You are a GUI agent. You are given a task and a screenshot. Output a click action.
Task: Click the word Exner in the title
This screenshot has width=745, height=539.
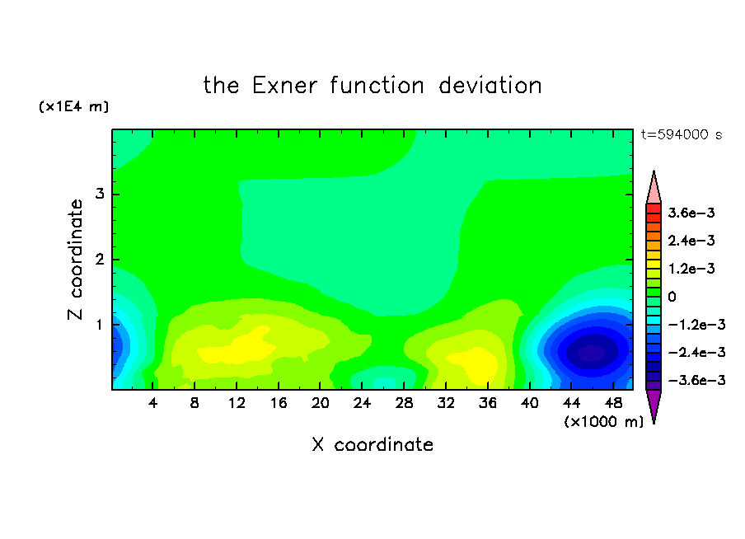pyautogui.click(x=284, y=86)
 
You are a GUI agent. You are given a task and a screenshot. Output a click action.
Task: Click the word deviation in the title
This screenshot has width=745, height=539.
pyautogui.click(x=490, y=86)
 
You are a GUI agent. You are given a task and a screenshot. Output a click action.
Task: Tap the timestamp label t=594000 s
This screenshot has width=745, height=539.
pyautogui.click(x=682, y=134)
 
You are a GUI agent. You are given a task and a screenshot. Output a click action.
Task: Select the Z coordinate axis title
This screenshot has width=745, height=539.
pyautogui.click(x=76, y=260)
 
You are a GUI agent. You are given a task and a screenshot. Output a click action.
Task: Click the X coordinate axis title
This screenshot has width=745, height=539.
pyautogui.click(x=372, y=444)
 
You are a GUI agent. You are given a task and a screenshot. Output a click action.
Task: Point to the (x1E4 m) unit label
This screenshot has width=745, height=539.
pyautogui.click(x=73, y=106)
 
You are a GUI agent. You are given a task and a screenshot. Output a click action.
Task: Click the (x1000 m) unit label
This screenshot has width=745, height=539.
pyautogui.click(x=603, y=422)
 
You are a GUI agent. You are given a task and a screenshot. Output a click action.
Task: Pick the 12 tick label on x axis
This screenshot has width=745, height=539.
pyautogui.click(x=237, y=403)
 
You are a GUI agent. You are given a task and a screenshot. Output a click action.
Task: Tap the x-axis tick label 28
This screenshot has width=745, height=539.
pyautogui.click(x=404, y=403)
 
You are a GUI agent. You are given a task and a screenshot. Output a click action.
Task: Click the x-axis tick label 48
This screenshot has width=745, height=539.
pyautogui.click(x=613, y=403)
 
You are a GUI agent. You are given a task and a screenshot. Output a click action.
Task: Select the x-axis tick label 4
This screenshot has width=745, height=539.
pyautogui.click(x=152, y=403)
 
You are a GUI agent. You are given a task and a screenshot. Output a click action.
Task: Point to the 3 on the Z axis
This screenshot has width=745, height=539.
pyautogui.click(x=99, y=194)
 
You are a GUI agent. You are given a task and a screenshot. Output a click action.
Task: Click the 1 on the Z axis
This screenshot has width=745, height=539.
pyautogui.click(x=99, y=325)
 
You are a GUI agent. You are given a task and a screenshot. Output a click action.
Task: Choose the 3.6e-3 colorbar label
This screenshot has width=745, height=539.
pyautogui.click(x=691, y=213)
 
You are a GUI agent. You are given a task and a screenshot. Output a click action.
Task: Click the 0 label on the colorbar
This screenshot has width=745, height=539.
pyautogui.click(x=672, y=297)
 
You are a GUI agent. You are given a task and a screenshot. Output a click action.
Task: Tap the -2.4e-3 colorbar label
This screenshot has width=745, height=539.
pyautogui.click(x=697, y=352)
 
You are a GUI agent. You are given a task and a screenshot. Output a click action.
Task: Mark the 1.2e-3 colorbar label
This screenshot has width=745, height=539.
pyautogui.click(x=691, y=269)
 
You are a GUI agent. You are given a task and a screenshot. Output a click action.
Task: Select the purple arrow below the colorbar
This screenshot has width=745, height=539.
pyautogui.click(x=654, y=405)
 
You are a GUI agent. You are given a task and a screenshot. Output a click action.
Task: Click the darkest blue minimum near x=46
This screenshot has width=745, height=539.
pyautogui.click(x=592, y=353)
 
